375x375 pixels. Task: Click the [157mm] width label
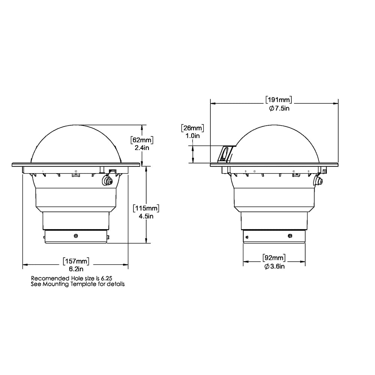point(76,261)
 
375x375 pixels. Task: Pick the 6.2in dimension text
point(76,268)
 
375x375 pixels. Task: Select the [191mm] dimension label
point(279,100)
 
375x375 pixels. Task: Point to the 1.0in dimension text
point(192,136)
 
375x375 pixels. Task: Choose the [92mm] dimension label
point(274,258)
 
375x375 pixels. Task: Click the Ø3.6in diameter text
point(274,266)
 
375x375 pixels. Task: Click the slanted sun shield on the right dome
point(225,153)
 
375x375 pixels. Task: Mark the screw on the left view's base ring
point(76,235)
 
